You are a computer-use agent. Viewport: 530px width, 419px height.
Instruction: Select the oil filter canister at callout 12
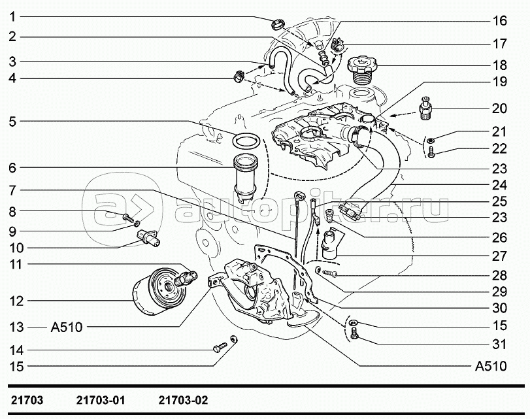(158, 291)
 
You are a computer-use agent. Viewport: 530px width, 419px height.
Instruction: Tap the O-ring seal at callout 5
(246, 141)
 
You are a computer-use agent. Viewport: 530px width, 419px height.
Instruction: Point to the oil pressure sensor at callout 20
(425, 109)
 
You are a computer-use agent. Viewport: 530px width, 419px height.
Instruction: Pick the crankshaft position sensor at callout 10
(148, 238)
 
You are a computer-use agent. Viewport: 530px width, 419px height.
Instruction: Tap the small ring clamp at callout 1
(278, 24)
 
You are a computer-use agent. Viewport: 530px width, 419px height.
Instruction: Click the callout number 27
(499, 256)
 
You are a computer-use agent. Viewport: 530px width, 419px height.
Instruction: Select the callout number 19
(499, 82)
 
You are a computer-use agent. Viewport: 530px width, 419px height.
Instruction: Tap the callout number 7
(12, 190)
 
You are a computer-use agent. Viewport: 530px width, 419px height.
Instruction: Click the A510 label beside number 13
(67, 327)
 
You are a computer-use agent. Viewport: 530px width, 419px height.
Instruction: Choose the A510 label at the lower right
(491, 366)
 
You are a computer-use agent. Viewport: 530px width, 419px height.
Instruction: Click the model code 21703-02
(183, 401)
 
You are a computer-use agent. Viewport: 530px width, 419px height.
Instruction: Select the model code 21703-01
(101, 401)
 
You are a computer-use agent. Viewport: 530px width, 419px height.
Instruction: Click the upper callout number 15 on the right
(499, 326)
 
